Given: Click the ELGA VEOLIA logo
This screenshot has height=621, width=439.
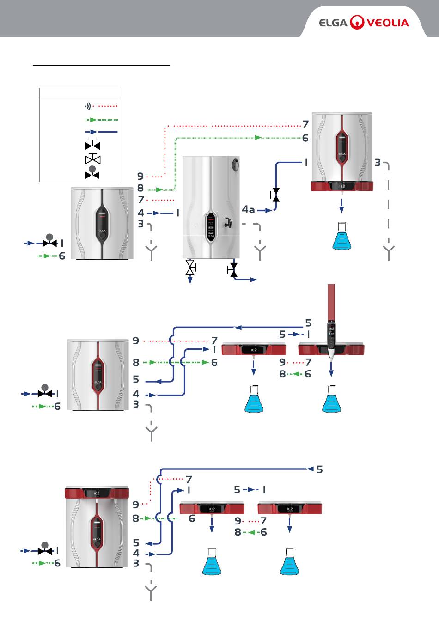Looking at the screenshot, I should [364, 22].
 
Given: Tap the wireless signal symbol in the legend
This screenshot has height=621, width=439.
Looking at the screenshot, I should [88, 106].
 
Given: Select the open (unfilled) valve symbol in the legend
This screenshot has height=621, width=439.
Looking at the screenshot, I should [92, 159].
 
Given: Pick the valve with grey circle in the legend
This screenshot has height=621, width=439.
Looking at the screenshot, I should [92, 173].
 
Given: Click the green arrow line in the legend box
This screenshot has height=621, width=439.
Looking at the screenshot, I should [101, 120].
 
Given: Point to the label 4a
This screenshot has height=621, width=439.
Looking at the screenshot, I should [248, 210].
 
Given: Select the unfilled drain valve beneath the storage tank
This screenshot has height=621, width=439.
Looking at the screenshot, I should [190, 267].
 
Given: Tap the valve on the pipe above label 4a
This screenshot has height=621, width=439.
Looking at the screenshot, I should [275, 195].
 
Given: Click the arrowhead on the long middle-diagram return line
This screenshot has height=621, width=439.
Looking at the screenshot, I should [238, 328].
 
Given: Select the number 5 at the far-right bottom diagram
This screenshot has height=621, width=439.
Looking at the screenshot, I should [319, 469].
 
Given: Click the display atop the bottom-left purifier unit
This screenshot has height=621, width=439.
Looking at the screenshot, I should [97, 493].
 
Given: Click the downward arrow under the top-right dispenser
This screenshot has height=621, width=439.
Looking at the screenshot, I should [341, 207].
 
